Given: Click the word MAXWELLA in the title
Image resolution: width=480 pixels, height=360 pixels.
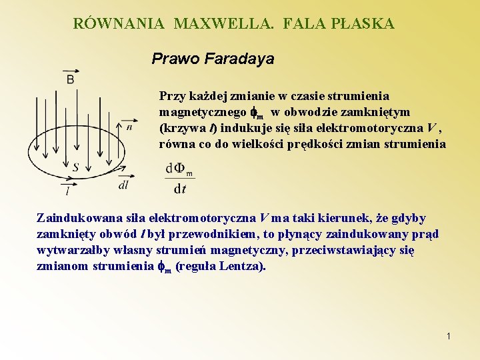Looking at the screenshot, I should (x=224, y=24).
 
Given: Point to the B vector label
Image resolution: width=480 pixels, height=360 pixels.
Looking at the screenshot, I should (x=70, y=79).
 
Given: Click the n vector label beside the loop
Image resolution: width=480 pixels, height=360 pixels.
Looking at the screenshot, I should (x=129, y=127).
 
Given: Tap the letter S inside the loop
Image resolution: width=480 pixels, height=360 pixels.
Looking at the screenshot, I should (x=75, y=168).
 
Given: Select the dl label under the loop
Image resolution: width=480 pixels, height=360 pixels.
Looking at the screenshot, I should (x=123, y=185).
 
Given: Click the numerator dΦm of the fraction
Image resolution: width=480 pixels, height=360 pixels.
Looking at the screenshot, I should (x=179, y=169).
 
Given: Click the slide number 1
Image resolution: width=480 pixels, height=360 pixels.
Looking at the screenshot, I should (x=449, y=337).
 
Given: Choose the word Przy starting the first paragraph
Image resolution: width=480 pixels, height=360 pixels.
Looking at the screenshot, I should (x=170, y=96).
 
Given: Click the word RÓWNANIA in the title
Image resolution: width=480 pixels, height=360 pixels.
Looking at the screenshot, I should (x=119, y=24).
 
